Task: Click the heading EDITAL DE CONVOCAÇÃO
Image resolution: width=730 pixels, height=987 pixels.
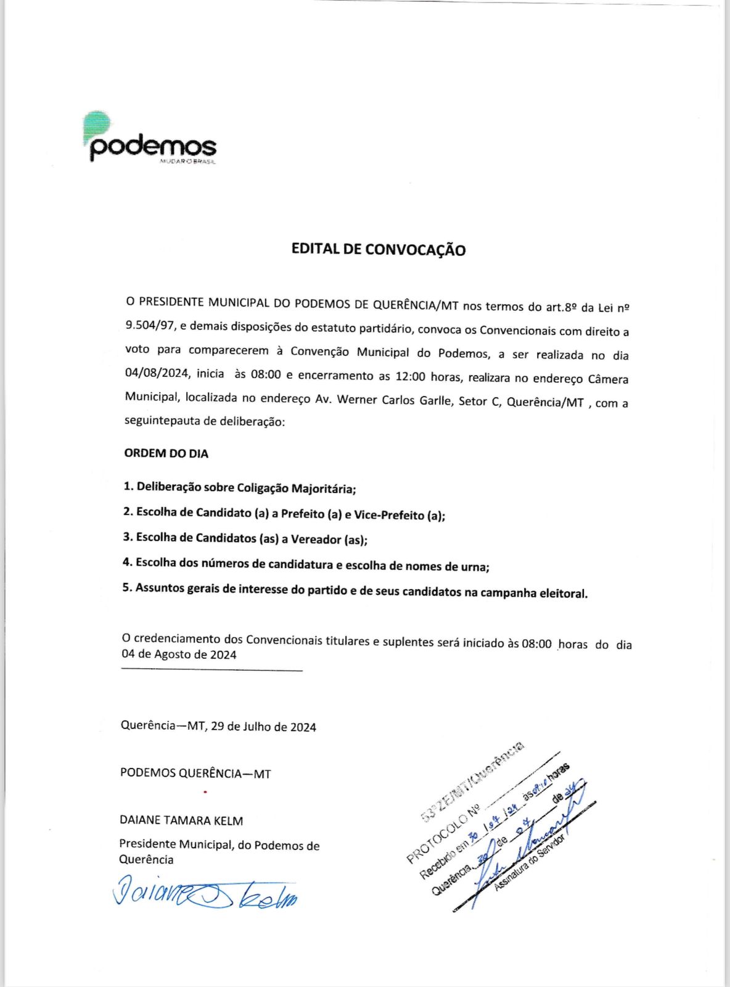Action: pos(378,249)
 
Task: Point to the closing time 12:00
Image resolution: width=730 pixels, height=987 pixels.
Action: pos(410,376)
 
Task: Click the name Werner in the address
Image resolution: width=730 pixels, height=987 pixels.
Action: pos(357,399)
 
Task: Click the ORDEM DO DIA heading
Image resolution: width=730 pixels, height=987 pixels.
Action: pos(166,453)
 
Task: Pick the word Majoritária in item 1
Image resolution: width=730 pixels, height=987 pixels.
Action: pos(323,489)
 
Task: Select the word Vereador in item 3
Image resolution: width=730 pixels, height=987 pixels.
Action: pos(316,539)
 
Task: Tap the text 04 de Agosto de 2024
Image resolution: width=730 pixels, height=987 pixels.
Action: pos(179,655)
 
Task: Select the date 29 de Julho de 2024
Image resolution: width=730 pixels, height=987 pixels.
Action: pos(263,727)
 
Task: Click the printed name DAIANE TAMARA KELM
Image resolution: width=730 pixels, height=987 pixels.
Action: pos(181,820)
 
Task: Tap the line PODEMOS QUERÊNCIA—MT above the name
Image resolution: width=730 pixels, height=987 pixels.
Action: pos(195,773)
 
